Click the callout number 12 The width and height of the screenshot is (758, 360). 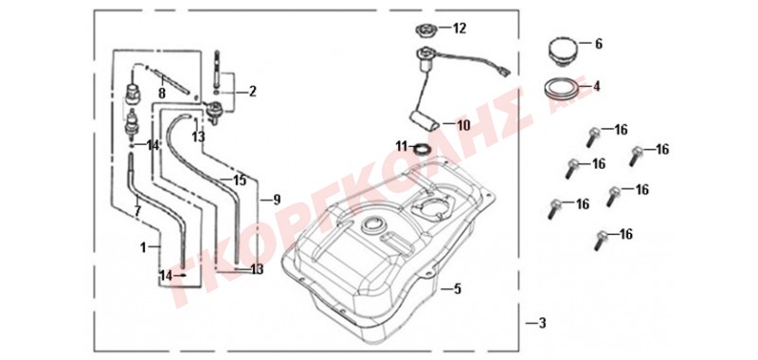[x=460, y=28]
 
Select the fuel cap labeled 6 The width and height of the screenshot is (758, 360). [x=561, y=51]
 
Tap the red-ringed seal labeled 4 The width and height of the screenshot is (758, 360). [x=561, y=88]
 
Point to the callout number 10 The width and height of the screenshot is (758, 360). [x=463, y=126]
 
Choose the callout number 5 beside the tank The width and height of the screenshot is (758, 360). [x=458, y=289]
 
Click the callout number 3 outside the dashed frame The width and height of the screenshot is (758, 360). [x=542, y=323]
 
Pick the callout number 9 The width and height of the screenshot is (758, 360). [x=277, y=199]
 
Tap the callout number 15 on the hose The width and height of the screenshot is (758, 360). [x=240, y=180]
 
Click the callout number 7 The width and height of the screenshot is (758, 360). [x=137, y=211]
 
